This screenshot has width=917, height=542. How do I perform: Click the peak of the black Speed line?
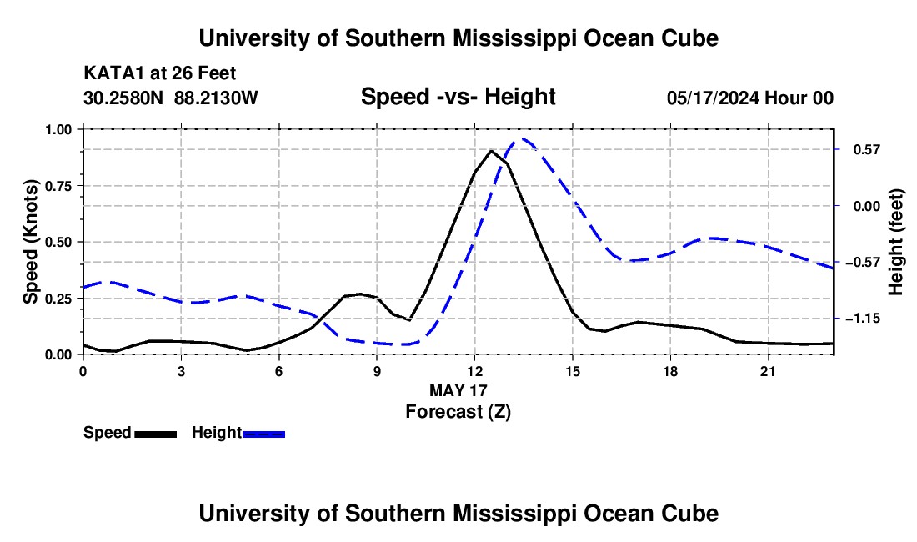[x=491, y=151]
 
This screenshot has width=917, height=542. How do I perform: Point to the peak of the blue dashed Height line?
[x=523, y=139]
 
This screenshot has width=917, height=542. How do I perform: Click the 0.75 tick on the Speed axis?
[x=58, y=186]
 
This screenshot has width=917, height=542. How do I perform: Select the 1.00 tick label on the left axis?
[x=58, y=129]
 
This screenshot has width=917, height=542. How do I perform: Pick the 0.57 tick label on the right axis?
[x=867, y=150]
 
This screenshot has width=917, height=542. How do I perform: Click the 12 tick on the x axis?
[x=475, y=371]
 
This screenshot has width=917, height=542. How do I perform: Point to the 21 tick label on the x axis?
[x=768, y=371]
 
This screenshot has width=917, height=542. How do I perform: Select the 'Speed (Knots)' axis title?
[x=30, y=242]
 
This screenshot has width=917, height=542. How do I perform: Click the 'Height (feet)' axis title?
[x=896, y=242]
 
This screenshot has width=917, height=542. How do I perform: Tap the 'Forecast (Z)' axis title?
[x=458, y=412]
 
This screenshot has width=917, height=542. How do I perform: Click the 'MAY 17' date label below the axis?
[x=458, y=390]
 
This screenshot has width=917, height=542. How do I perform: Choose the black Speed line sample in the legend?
[x=156, y=434]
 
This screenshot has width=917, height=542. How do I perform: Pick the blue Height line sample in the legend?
[x=263, y=434]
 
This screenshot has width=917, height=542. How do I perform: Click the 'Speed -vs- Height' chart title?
[x=458, y=97]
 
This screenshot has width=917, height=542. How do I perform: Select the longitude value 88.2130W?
[x=216, y=98]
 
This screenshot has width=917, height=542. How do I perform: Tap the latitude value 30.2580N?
[x=123, y=98]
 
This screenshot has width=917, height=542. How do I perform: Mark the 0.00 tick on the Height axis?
[x=867, y=206]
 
